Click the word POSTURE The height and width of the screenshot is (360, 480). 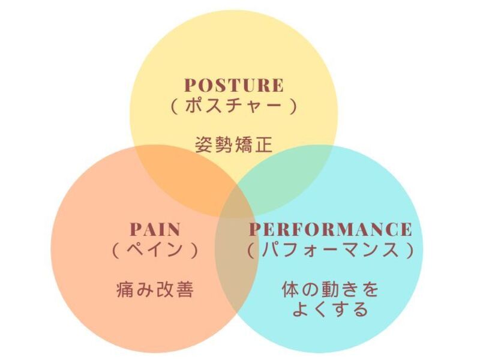coord(234,85)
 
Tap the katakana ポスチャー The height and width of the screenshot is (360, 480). coord(233,106)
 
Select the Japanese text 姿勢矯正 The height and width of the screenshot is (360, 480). coord(234,145)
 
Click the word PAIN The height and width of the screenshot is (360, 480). coord(155,230)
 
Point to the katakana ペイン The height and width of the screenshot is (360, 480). coord(155,250)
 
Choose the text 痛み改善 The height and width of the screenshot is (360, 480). coord(155,289)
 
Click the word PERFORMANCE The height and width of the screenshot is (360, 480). coord(331,230)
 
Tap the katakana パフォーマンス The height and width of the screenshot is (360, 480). coord(331,250)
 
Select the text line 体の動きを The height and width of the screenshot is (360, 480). coord(331,289)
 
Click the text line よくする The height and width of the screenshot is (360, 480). coord(331,309)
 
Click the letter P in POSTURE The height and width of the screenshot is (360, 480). coord(190,85)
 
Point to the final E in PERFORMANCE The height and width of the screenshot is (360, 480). coord(406,230)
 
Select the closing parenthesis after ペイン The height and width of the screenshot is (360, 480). coord(195,250)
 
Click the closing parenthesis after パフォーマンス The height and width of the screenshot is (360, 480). coord(410,250)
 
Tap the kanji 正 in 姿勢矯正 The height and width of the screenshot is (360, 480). coord(263,145)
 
